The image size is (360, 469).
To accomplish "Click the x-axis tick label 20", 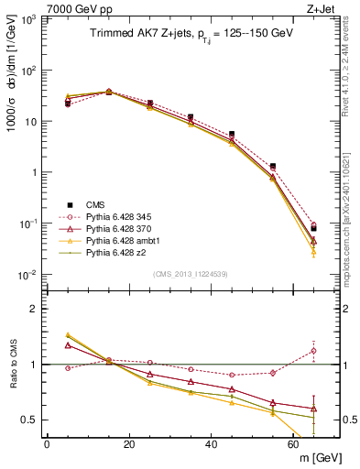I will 129,443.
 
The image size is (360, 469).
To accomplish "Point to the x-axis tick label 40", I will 212,443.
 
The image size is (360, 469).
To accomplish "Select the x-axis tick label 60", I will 294,443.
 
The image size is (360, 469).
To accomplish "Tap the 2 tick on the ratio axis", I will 33,309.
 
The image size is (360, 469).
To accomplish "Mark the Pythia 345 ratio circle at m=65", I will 314,350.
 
